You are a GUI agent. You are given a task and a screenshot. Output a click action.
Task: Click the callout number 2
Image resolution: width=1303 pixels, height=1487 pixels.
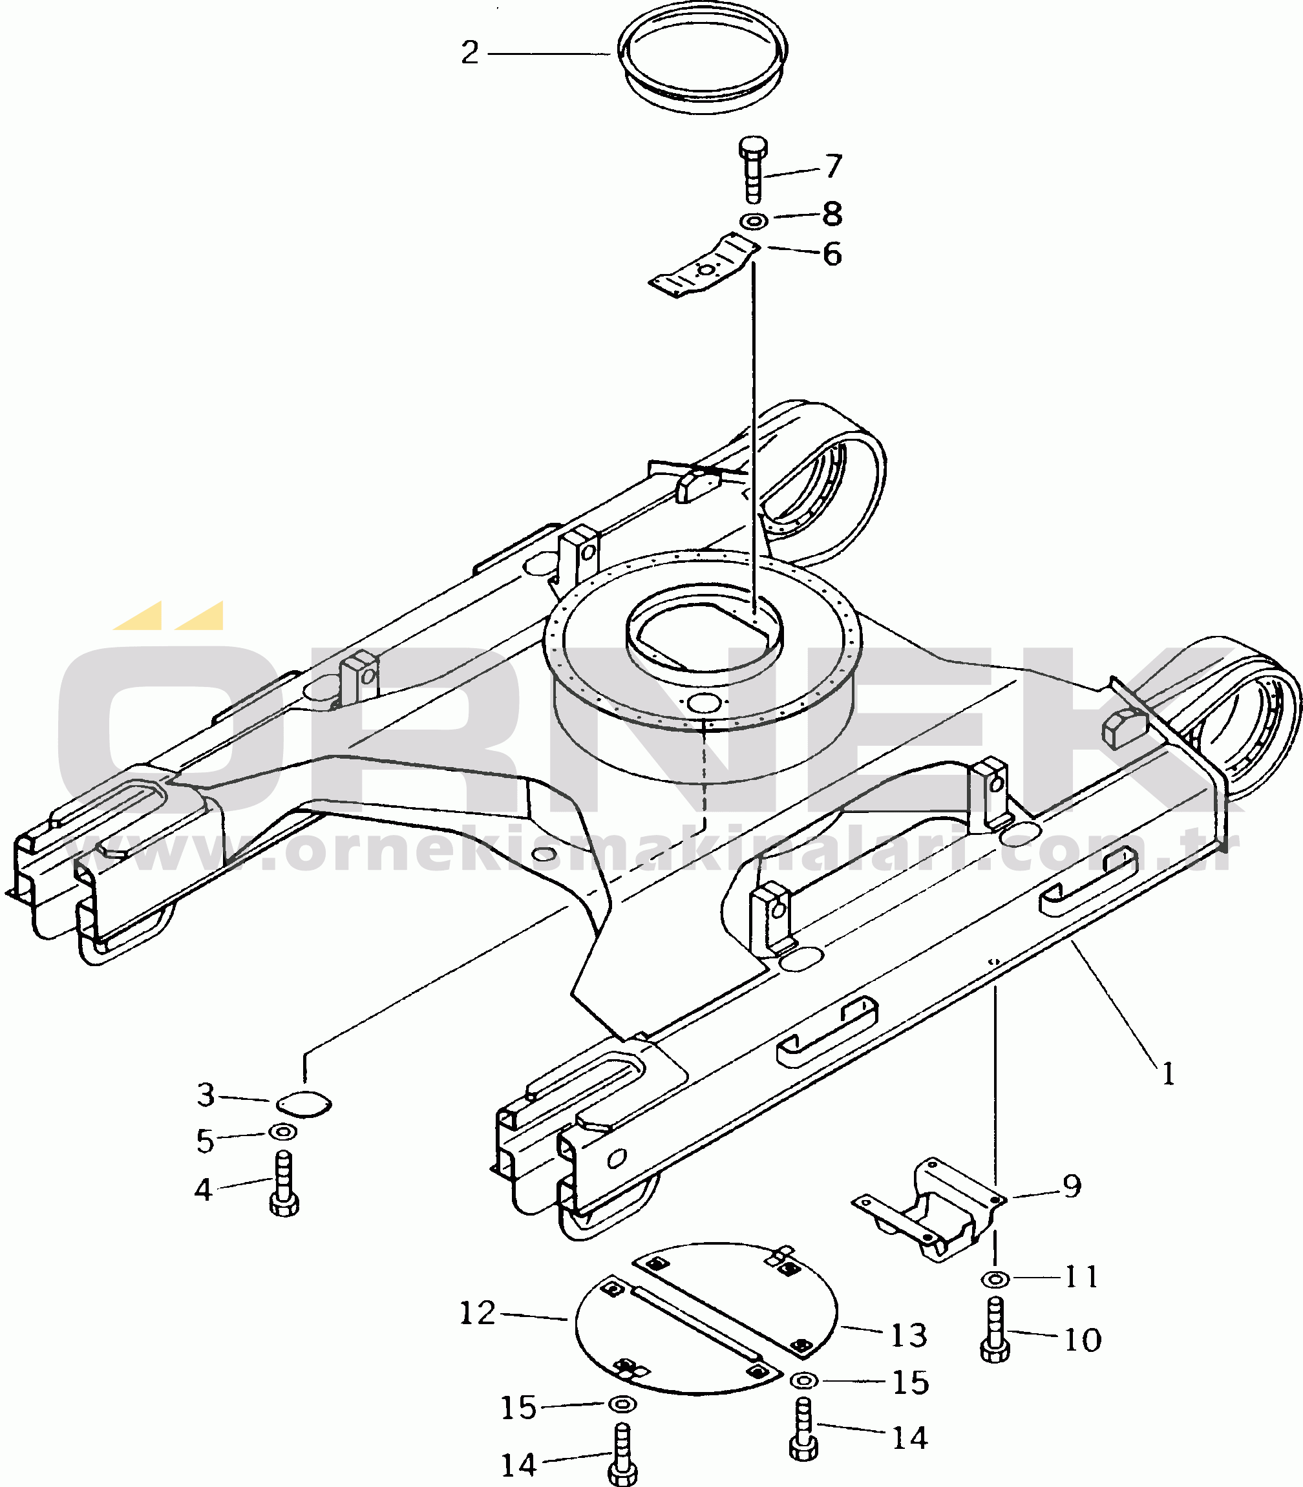[470, 53]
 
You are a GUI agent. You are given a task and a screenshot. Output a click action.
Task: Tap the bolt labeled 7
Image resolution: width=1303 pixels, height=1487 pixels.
[754, 169]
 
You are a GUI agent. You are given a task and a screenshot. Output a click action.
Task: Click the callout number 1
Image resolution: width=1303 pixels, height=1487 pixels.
[1169, 1073]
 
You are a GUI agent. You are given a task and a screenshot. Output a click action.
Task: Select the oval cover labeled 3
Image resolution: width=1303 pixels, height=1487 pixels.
[304, 1104]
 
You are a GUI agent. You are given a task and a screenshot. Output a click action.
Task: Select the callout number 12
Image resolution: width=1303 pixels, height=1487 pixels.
[477, 1313]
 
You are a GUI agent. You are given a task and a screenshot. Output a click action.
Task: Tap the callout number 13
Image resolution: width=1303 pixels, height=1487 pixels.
[909, 1335]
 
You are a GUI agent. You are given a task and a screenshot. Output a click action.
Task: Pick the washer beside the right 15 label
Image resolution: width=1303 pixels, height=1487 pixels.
[803, 1379]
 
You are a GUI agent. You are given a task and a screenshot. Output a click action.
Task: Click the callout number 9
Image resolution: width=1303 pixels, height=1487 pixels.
[1072, 1186]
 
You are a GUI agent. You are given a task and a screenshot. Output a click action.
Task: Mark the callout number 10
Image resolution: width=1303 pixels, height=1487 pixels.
[1082, 1340]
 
